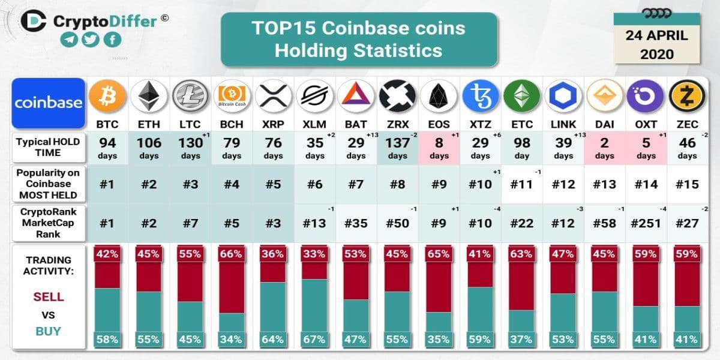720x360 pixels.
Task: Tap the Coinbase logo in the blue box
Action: [x=49, y=103]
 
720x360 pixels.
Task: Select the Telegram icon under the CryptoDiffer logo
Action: [x=69, y=40]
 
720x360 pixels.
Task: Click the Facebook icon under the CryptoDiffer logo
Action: [x=112, y=40]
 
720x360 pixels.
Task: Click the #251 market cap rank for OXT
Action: [x=646, y=223]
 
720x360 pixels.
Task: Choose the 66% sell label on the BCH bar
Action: [x=232, y=253]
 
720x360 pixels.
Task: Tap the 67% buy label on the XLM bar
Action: [x=314, y=340]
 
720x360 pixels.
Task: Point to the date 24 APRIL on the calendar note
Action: [x=656, y=35]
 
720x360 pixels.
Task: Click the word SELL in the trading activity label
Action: [x=49, y=297]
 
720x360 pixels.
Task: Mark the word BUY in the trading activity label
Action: [x=49, y=331]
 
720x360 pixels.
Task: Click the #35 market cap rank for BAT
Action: [x=356, y=223]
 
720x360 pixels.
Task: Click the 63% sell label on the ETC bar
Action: [x=521, y=253]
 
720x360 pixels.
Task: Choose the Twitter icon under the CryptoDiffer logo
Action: [x=91, y=40]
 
